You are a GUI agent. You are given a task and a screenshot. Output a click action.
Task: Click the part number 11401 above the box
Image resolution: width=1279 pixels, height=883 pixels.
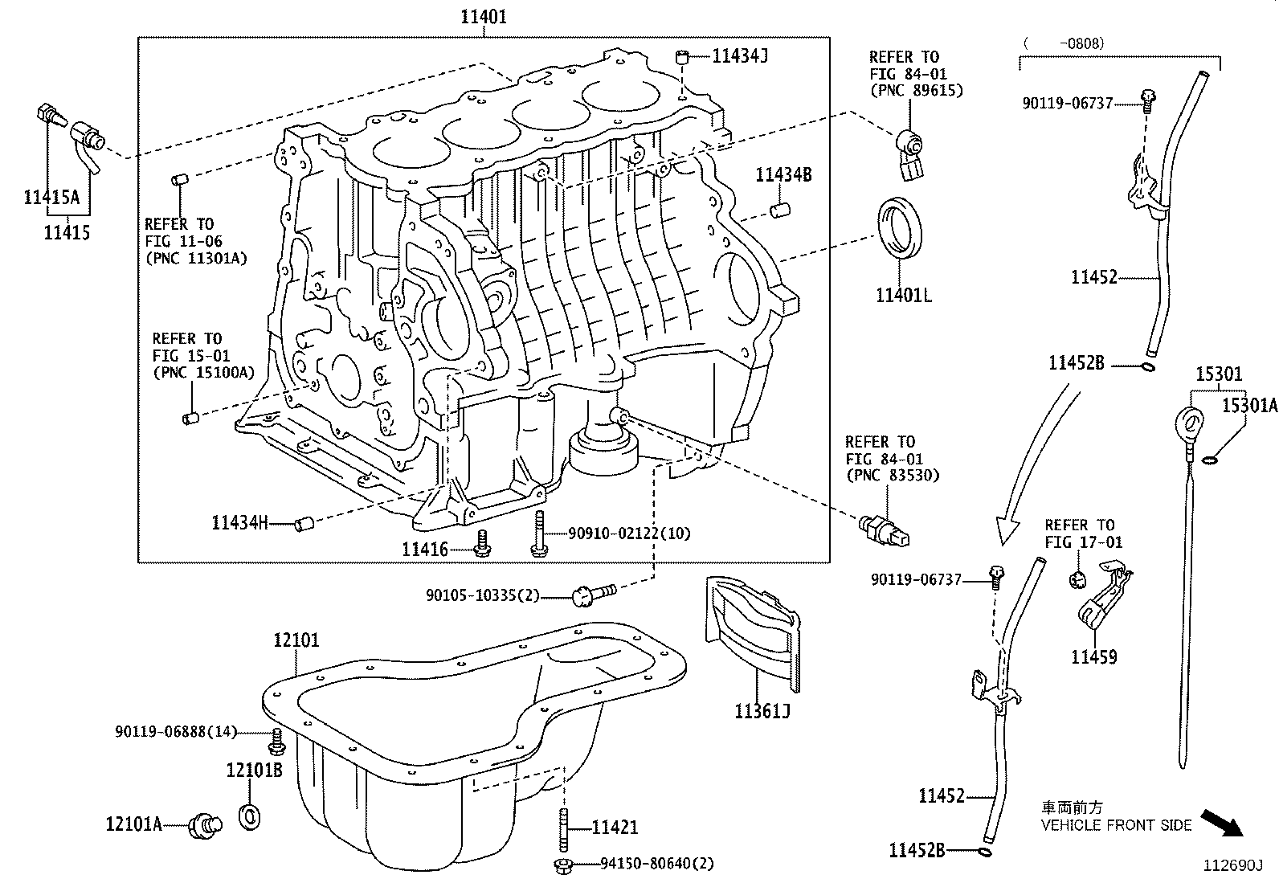(x=483, y=16)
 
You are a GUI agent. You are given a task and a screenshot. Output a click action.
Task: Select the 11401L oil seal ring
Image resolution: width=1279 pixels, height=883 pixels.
(x=900, y=228)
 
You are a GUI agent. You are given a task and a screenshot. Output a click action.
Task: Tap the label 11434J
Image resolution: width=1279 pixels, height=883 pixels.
(x=740, y=55)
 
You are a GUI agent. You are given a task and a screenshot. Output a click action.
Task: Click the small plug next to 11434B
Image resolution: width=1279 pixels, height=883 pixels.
(x=777, y=211)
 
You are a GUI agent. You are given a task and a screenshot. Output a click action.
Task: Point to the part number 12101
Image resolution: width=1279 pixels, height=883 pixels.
(x=296, y=640)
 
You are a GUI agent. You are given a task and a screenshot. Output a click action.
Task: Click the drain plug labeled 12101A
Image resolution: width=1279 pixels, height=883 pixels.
(x=206, y=824)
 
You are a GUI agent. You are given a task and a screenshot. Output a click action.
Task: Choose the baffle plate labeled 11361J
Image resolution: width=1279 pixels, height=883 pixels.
(x=752, y=635)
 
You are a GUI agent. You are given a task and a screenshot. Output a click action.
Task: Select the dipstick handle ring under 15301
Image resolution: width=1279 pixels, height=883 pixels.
(x=1190, y=422)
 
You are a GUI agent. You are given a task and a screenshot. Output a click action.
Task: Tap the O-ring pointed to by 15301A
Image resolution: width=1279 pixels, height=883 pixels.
(x=1212, y=460)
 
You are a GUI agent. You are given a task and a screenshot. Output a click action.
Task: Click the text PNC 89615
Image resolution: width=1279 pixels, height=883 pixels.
(x=916, y=91)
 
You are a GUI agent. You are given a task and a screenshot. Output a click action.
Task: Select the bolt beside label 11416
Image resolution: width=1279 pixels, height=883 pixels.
(x=483, y=545)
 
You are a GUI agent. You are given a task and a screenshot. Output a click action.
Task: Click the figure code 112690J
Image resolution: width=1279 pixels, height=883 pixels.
(x=1232, y=865)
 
